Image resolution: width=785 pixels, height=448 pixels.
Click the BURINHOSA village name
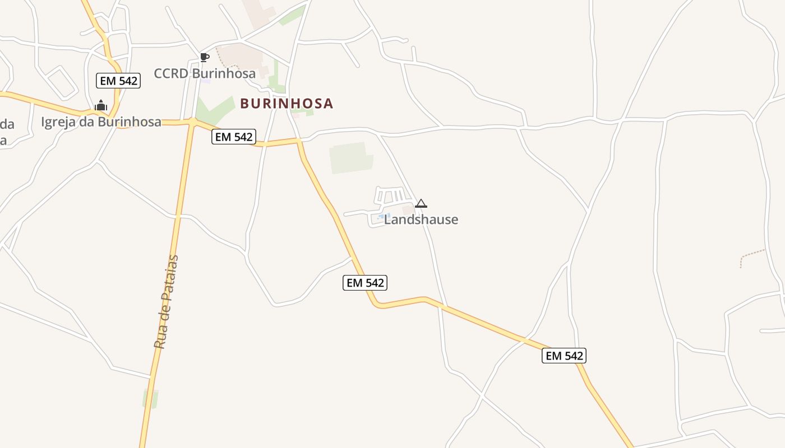(x=287, y=104)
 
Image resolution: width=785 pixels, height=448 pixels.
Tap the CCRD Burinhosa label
(x=205, y=73)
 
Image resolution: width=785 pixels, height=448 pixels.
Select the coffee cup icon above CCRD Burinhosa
(x=205, y=57)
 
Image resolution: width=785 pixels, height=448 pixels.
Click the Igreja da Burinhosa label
(x=101, y=122)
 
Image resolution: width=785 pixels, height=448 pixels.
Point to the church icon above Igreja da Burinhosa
(x=101, y=105)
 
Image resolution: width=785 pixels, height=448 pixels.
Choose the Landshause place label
(x=421, y=220)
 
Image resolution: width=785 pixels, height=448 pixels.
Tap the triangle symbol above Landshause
(x=421, y=203)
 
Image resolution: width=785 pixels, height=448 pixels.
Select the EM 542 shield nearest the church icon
(x=118, y=81)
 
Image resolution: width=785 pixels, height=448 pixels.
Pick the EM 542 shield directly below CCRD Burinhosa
(x=234, y=137)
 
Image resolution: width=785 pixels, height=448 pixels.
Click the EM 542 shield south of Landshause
(x=365, y=283)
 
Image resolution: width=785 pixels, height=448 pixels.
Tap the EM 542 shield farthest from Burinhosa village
(x=564, y=356)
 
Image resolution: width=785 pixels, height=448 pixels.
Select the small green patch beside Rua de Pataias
(x=150, y=398)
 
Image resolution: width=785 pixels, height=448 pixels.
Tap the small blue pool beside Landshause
(x=384, y=216)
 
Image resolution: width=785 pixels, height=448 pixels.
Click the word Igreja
(x=58, y=122)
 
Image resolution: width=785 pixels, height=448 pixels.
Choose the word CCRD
(x=172, y=73)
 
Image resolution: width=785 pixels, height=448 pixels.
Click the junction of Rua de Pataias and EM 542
(x=192, y=122)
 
